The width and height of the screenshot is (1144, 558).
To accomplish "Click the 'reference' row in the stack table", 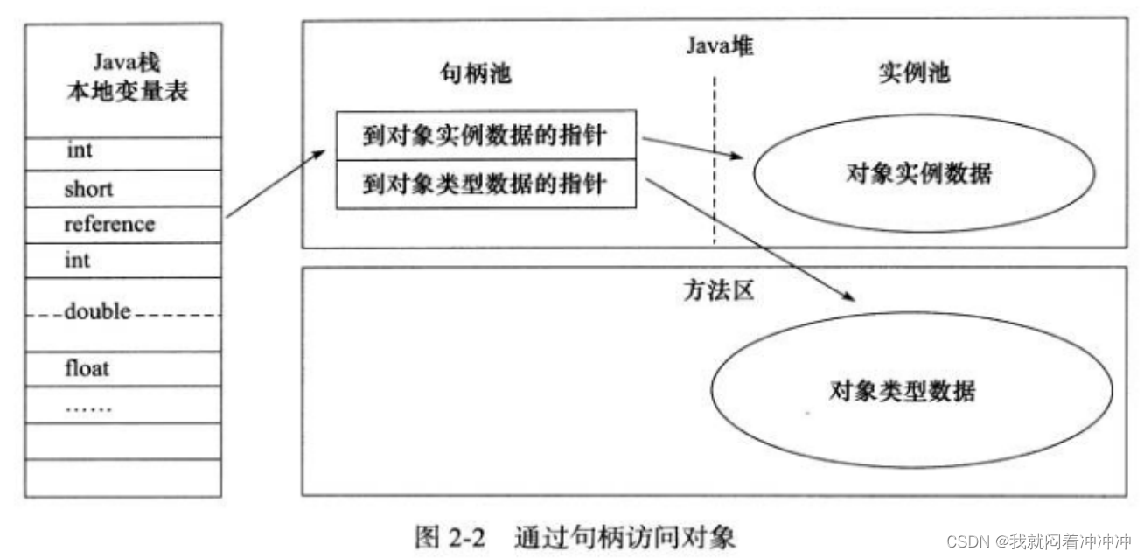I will pos(109,225).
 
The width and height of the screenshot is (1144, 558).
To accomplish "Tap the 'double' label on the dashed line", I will pos(97,312).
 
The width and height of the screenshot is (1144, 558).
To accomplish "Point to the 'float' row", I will pos(87,368).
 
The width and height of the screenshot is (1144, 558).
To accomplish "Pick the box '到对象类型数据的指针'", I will pos(487,185).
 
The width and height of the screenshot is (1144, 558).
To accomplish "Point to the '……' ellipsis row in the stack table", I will pos(88,407).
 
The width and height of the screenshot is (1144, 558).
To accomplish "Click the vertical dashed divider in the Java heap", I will pos(715,157).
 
